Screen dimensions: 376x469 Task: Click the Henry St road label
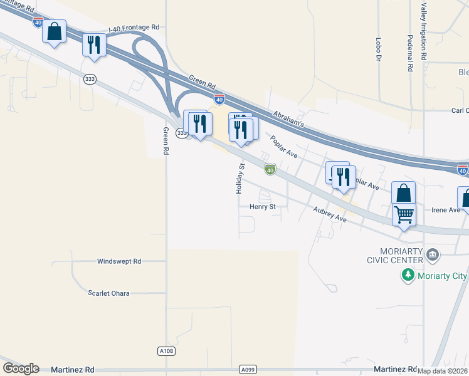tap(262, 206)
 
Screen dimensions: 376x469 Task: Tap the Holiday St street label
tap(240, 178)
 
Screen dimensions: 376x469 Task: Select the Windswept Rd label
tap(119, 261)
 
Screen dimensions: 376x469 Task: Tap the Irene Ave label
tap(446, 210)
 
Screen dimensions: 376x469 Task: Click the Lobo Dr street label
tap(379, 48)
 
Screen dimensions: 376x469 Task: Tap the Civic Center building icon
tap(431, 254)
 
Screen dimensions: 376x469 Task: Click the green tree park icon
tap(408, 276)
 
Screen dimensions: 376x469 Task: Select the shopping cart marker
tap(404, 215)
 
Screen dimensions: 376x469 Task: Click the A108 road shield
tap(166, 351)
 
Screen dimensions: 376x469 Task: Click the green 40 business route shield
tap(270, 169)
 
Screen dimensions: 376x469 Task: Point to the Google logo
tap(21, 368)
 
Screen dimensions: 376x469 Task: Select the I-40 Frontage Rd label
tap(134, 28)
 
